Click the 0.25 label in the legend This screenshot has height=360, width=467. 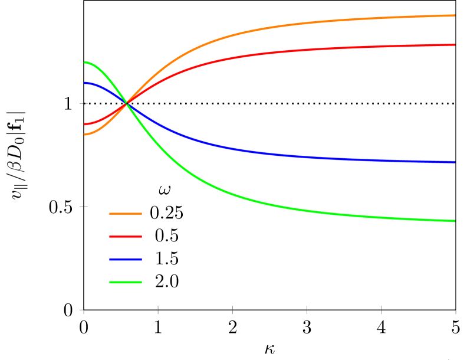point(166,213)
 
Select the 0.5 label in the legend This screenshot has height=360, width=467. point(166,236)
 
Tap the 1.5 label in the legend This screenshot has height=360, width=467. point(166,259)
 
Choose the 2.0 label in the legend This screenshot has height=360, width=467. point(166,282)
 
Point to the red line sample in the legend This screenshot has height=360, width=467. point(126,236)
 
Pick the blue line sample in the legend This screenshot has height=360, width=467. point(126,259)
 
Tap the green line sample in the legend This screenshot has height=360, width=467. point(126,282)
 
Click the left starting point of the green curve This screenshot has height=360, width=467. point(85,62)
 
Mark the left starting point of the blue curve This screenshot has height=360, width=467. point(85,83)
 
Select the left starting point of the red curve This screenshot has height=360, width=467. point(85,124)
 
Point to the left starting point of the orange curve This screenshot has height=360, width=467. point(85,135)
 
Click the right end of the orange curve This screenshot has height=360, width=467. point(455,15)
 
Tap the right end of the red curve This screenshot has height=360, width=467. point(455,45)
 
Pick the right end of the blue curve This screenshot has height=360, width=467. point(455,162)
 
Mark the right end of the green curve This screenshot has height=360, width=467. point(455,221)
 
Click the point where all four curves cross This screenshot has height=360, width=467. point(126,104)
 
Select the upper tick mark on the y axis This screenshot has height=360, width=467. point(84,103)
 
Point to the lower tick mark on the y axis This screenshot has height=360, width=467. point(84,207)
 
